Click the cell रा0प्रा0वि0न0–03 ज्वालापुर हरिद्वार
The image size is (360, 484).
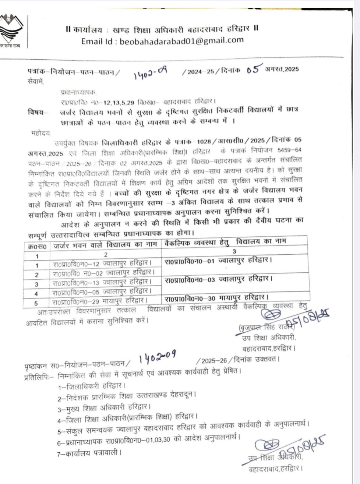coord(219,280)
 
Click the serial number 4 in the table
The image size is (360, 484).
coord(36,293)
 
